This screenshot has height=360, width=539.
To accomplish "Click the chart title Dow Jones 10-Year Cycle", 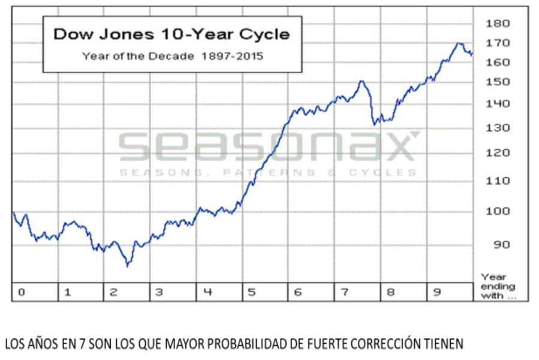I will coord(171,34).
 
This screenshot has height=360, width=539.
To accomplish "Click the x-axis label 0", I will coord(21,292).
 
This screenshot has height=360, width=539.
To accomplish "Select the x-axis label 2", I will coord(113,292).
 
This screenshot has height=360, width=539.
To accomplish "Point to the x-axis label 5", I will coord(252,292).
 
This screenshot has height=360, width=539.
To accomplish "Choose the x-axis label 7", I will coord(344,292).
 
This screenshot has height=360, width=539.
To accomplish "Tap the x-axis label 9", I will coord(436,292).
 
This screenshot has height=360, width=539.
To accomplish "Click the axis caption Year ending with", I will coord(498,286).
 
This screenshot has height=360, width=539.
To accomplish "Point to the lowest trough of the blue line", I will coord(127,265).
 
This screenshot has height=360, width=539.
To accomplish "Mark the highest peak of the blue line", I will coord(459,43).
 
